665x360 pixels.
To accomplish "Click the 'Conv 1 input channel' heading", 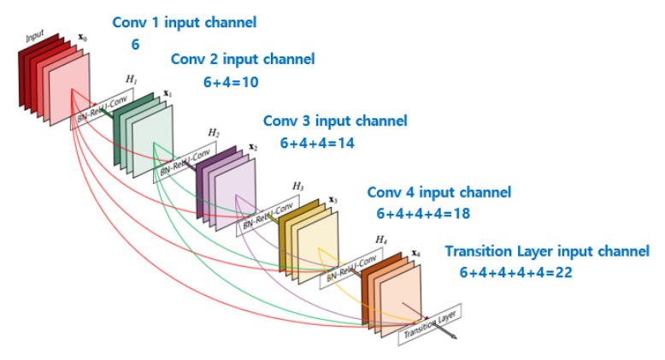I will click(184, 22).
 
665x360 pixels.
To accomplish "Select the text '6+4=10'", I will click(230, 82).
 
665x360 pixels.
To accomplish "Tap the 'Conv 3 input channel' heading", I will click(335, 121).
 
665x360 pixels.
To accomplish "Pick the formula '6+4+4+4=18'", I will click(422, 213).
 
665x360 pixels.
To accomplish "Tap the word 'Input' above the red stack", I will click(34, 37).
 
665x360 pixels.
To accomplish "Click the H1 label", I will click(131, 79).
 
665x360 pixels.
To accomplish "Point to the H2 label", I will click(214, 133).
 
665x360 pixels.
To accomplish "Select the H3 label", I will click(297, 186).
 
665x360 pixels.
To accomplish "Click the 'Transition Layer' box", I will click(430, 322).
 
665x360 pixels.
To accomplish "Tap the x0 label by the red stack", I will click(82, 38).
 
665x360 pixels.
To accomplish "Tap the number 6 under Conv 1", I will click(134, 44).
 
